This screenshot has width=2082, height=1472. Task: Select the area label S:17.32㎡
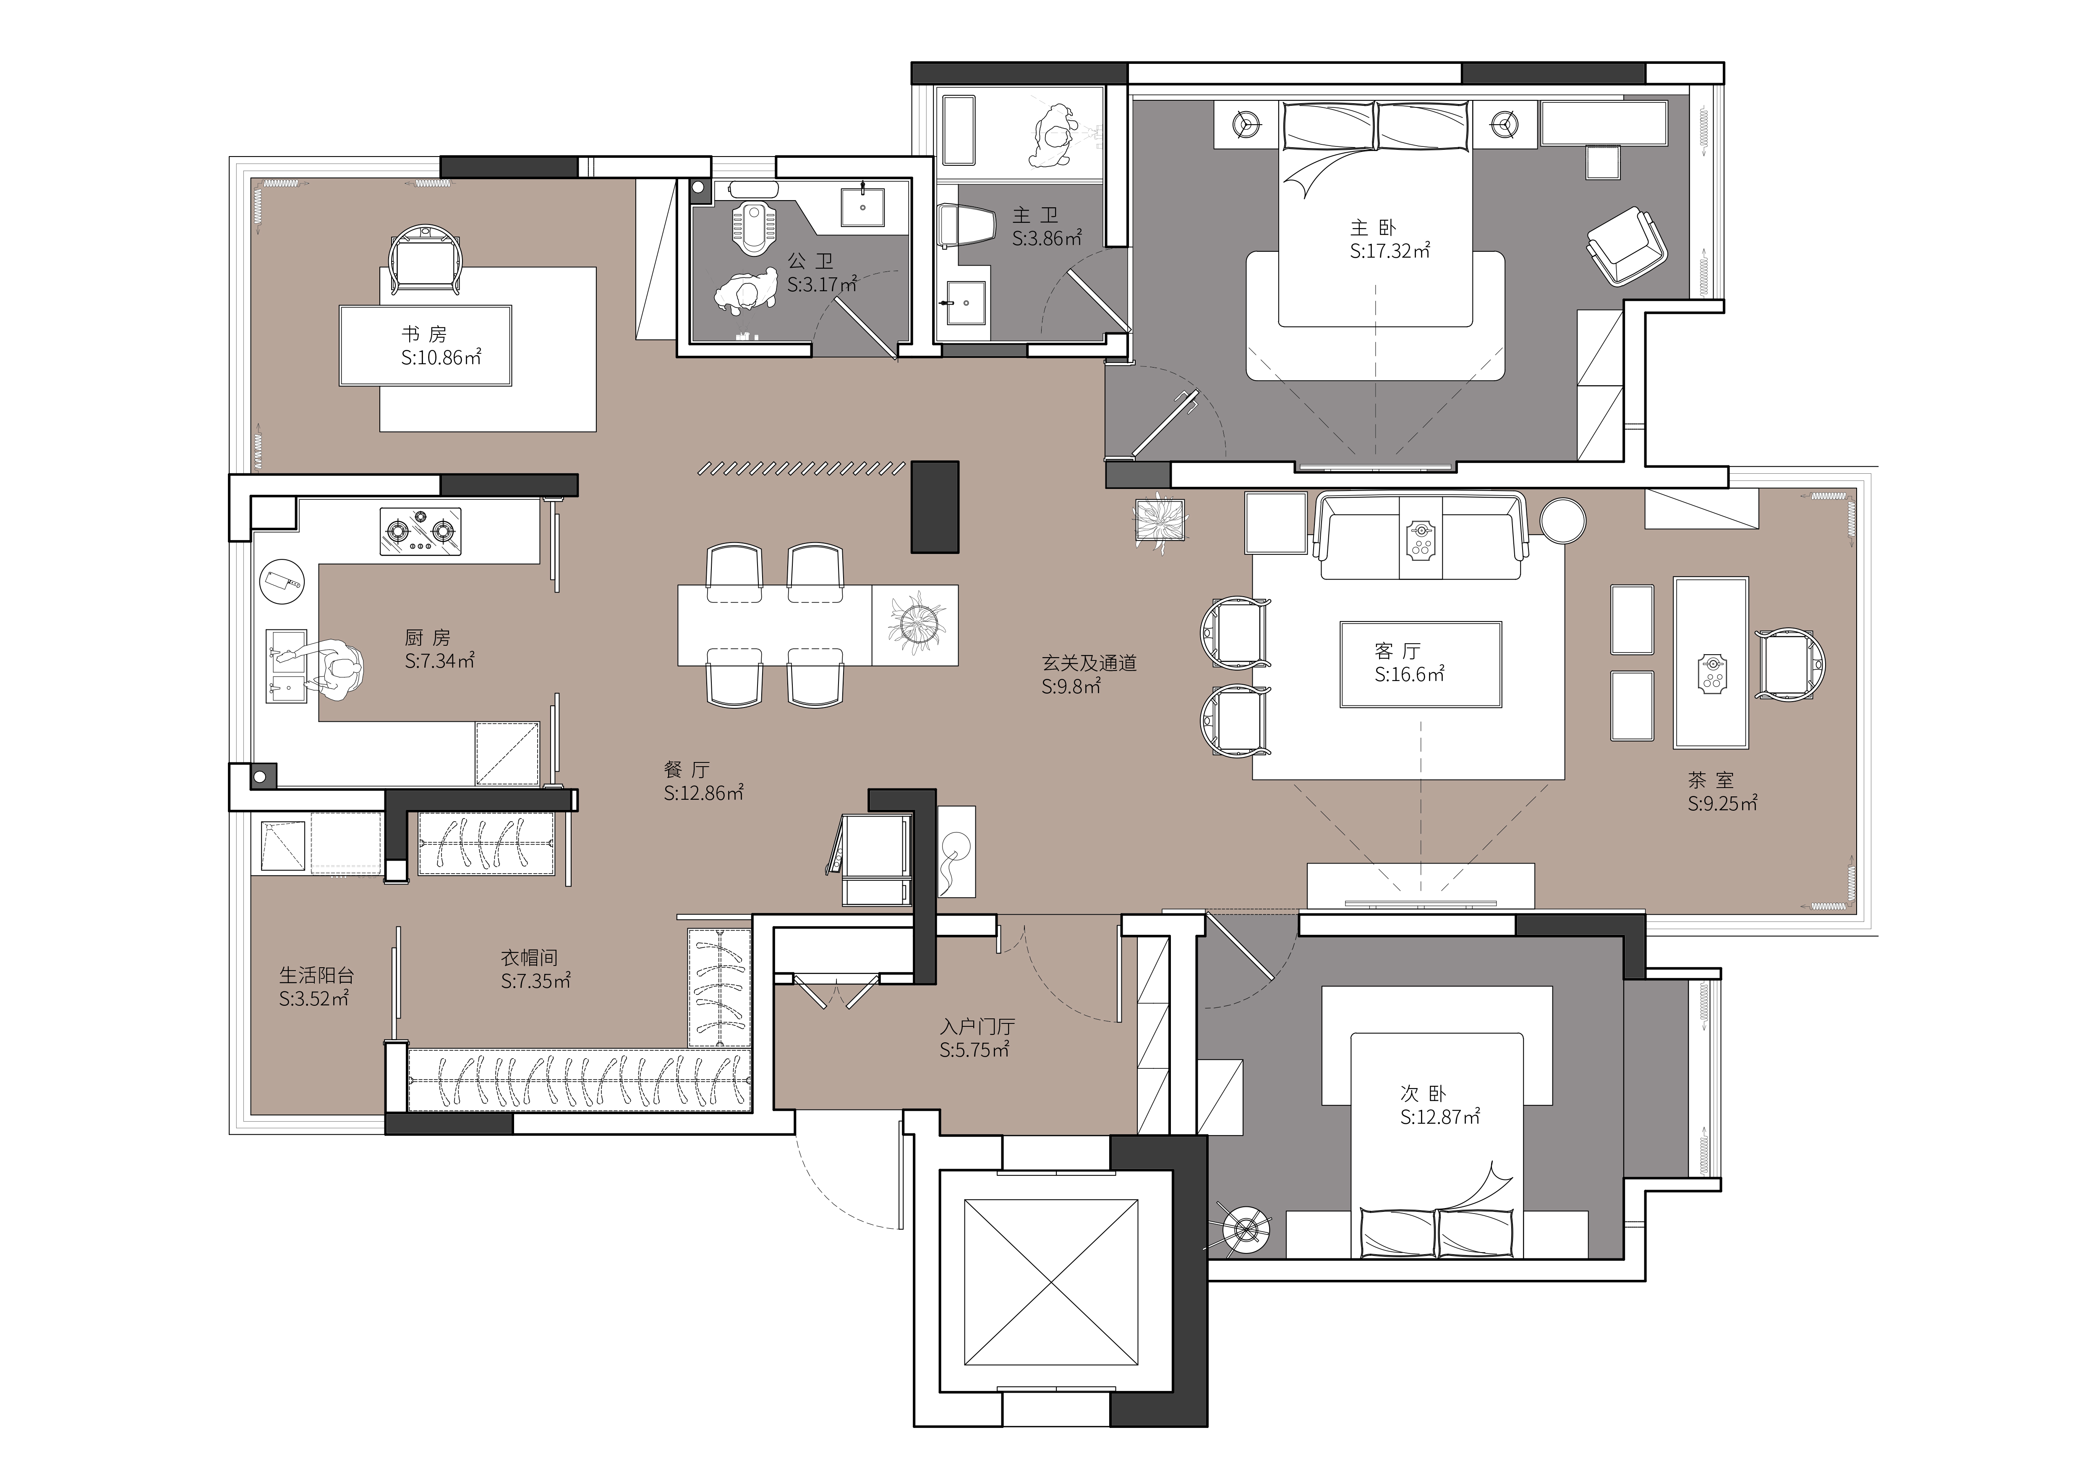[x=1390, y=251]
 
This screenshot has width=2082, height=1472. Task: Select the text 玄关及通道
[x=1089, y=663]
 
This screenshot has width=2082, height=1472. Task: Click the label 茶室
[x=1711, y=780]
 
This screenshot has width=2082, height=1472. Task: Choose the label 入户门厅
[x=977, y=1027]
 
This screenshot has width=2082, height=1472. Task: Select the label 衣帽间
[x=530, y=958]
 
